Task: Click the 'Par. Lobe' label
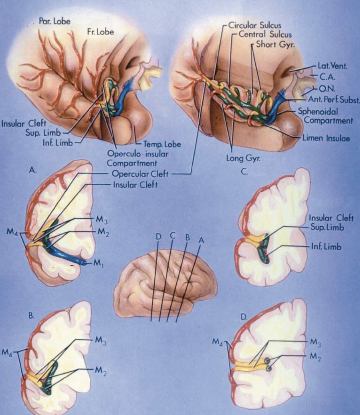(x=55, y=21)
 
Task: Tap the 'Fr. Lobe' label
(x=100, y=32)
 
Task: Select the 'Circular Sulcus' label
(x=255, y=25)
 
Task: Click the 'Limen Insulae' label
(x=326, y=138)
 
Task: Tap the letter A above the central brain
(x=201, y=241)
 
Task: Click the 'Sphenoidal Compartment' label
(x=325, y=116)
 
